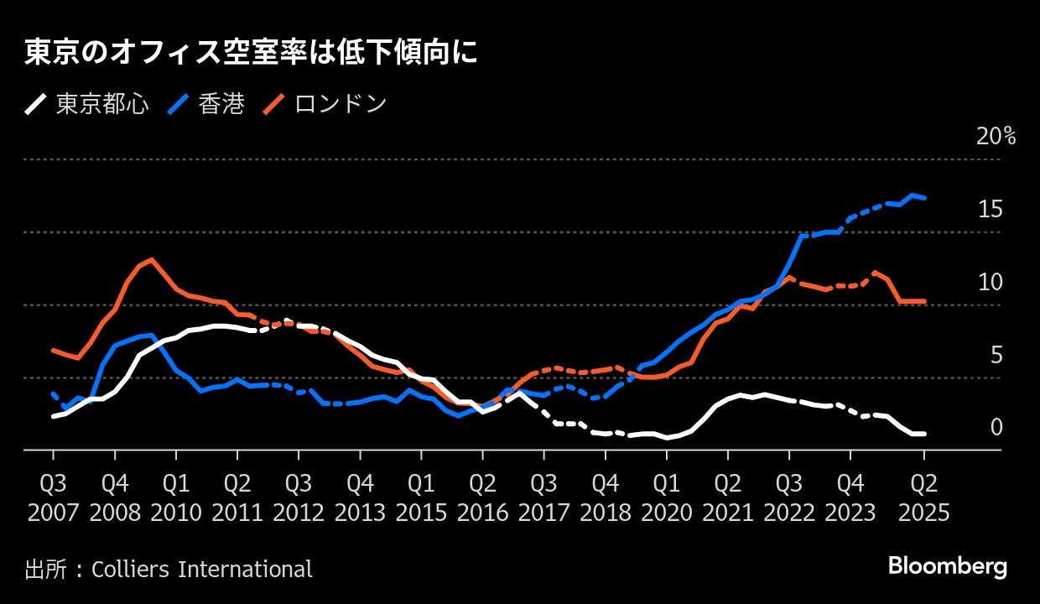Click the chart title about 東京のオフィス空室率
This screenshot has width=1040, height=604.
tap(250, 53)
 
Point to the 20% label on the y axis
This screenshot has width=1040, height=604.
tap(996, 137)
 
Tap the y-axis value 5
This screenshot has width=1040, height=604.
tap(996, 356)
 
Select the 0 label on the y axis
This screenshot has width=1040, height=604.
tap(996, 428)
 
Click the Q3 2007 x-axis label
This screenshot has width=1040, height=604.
tap(54, 497)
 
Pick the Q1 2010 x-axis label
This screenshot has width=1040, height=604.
tap(176, 497)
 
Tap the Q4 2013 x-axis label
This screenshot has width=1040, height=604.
tap(360, 497)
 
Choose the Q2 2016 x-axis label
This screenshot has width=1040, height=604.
tap(482, 497)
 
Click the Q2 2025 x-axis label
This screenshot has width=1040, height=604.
tap(923, 497)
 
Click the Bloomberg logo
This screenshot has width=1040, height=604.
tap(947, 567)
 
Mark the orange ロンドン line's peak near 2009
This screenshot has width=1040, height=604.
tap(151, 259)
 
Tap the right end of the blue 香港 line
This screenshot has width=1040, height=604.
tap(924, 198)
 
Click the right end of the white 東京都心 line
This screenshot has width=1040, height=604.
tap(924, 434)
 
